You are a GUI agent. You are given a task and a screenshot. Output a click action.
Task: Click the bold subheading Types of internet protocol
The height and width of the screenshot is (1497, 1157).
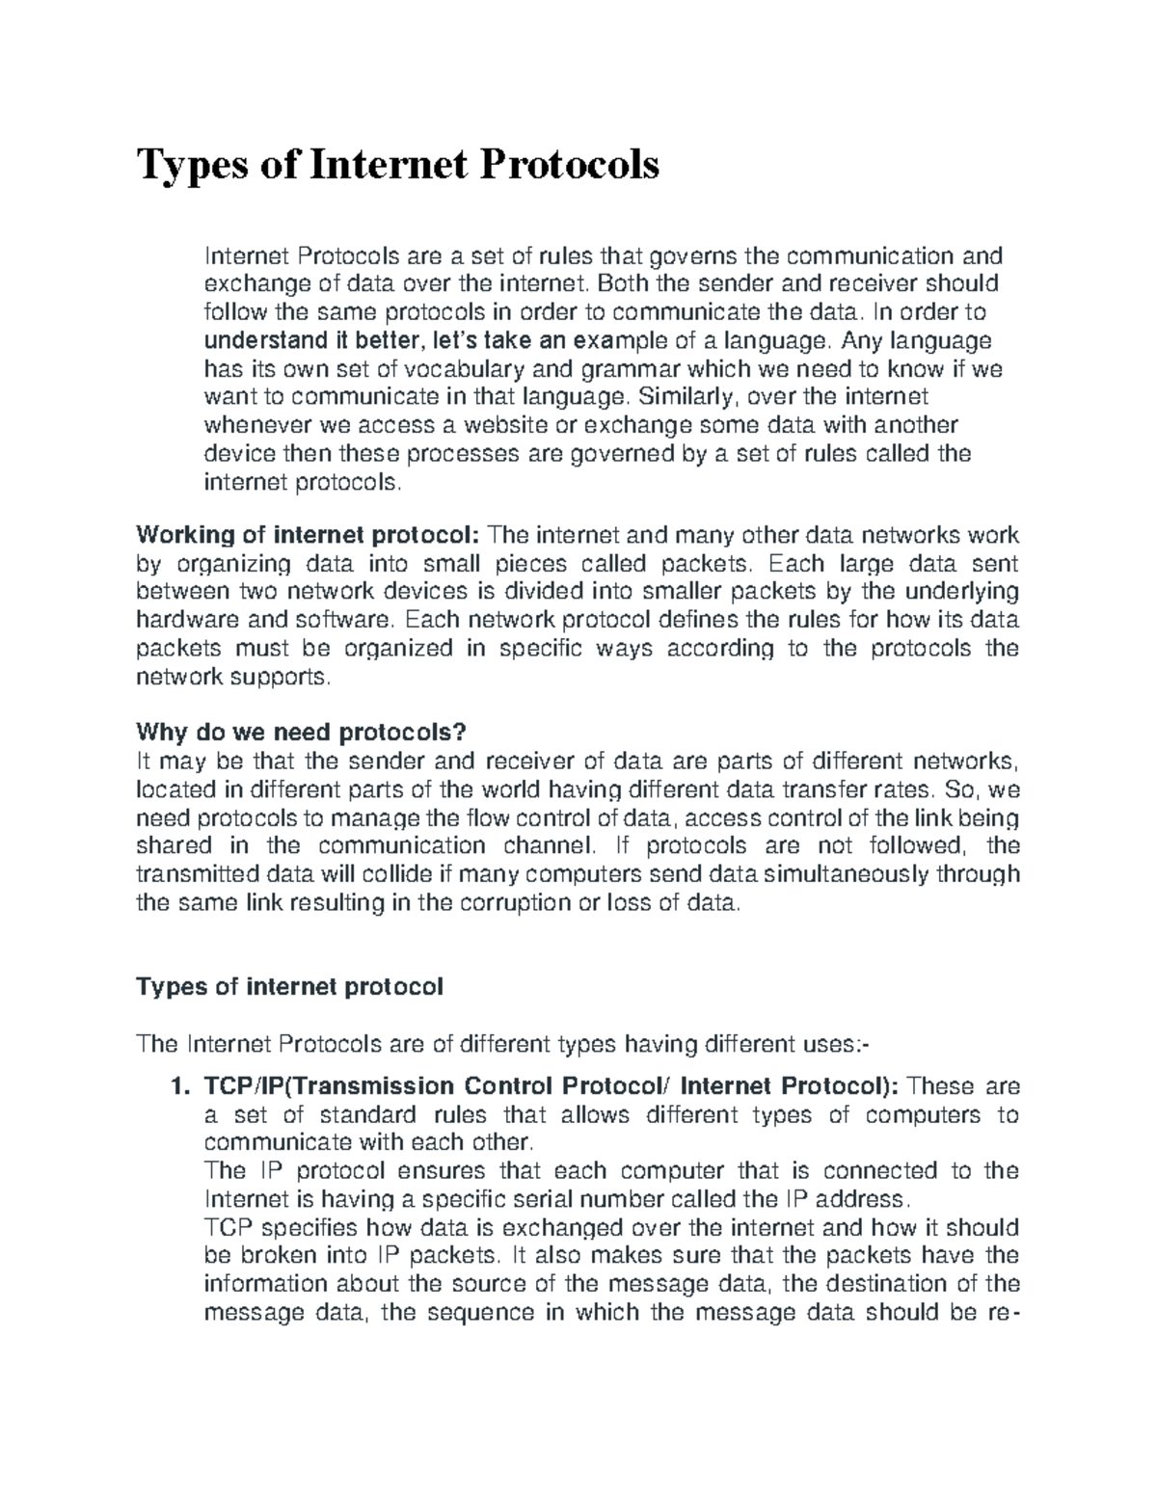click(290, 987)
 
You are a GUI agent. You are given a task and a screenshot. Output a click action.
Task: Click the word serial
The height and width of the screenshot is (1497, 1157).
click(602, 1200)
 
